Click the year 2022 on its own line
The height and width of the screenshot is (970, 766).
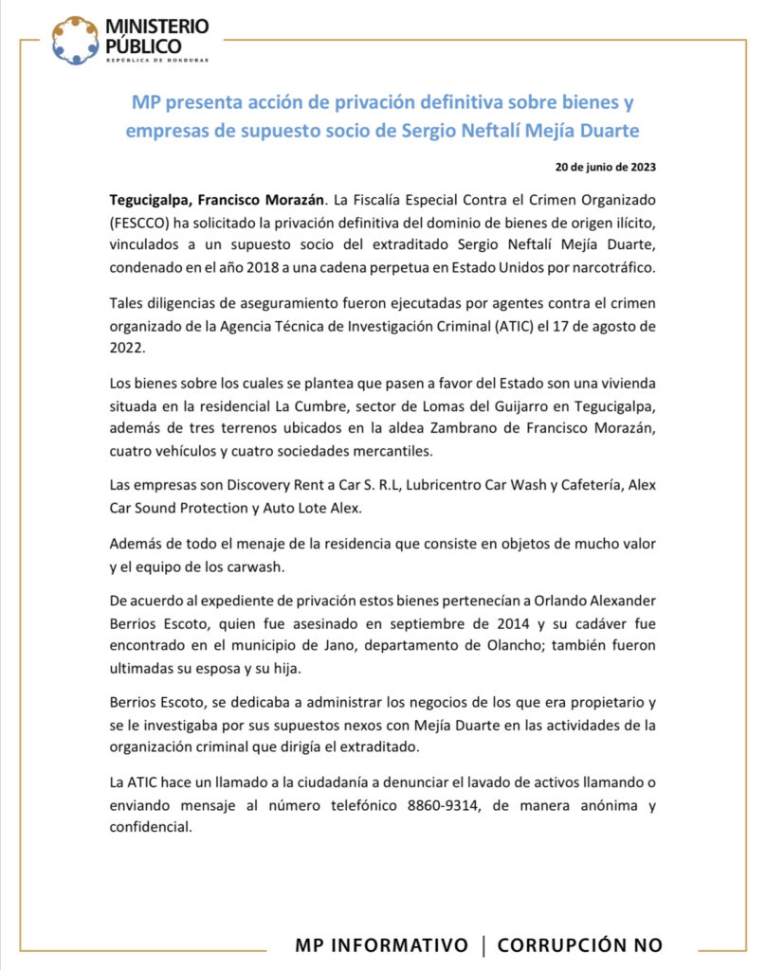[x=125, y=349]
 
